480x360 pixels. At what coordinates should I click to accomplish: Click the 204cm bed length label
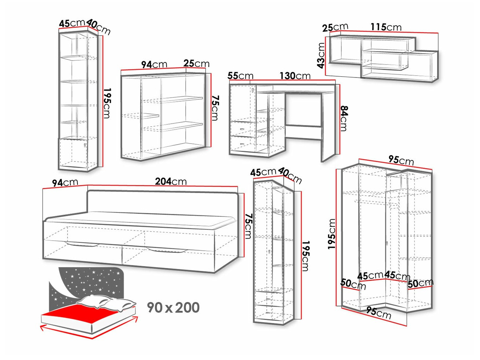click(x=171, y=181)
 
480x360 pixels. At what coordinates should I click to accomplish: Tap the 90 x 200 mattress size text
click(x=173, y=308)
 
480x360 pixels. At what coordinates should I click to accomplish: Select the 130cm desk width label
click(x=295, y=76)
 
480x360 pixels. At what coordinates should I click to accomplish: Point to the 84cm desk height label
click(x=344, y=118)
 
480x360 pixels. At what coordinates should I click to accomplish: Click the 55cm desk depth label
click(x=240, y=76)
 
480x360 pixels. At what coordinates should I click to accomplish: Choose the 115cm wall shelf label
click(x=386, y=27)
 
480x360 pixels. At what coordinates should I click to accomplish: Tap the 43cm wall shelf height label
click(x=321, y=55)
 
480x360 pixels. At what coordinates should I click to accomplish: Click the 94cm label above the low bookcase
click(x=154, y=65)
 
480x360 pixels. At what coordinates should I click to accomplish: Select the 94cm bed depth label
click(x=65, y=183)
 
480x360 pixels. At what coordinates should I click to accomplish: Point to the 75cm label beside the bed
click(x=248, y=226)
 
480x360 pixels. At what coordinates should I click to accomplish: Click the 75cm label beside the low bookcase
click(x=215, y=108)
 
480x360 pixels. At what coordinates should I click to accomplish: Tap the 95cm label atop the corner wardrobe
click(x=401, y=160)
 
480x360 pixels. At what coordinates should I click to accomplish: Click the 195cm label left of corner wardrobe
click(x=331, y=234)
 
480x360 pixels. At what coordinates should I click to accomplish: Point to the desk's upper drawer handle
click(x=242, y=129)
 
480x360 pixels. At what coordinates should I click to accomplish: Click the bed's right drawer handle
click(x=166, y=250)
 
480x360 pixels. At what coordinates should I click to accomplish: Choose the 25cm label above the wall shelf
click(x=335, y=27)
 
